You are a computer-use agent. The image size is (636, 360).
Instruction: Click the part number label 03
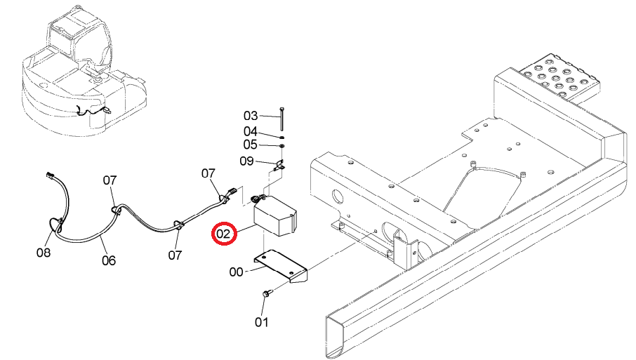tap(251, 116)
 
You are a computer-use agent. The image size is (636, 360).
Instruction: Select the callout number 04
tap(251, 131)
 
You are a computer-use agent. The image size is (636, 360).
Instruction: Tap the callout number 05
tap(251, 145)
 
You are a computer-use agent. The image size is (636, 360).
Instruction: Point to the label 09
tap(246, 161)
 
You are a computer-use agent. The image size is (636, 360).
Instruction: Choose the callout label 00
tap(236, 272)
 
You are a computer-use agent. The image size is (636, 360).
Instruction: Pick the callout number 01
tap(262, 322)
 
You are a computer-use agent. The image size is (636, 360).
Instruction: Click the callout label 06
tap(109, 260)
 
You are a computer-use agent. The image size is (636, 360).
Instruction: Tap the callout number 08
tap(44, 253)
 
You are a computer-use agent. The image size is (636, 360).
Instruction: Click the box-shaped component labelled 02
tap(274, 215)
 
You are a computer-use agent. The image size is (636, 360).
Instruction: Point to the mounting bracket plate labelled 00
tap(281, 265)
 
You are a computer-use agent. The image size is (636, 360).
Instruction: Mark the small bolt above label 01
tap(267, 293)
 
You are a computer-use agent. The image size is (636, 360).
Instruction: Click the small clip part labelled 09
tap(279, 166)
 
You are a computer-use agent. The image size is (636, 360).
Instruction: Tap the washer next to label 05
tap(282, 145)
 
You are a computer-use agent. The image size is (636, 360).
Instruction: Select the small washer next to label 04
tap(282, 138)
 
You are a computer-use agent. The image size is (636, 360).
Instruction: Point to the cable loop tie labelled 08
tap(54, 228)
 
